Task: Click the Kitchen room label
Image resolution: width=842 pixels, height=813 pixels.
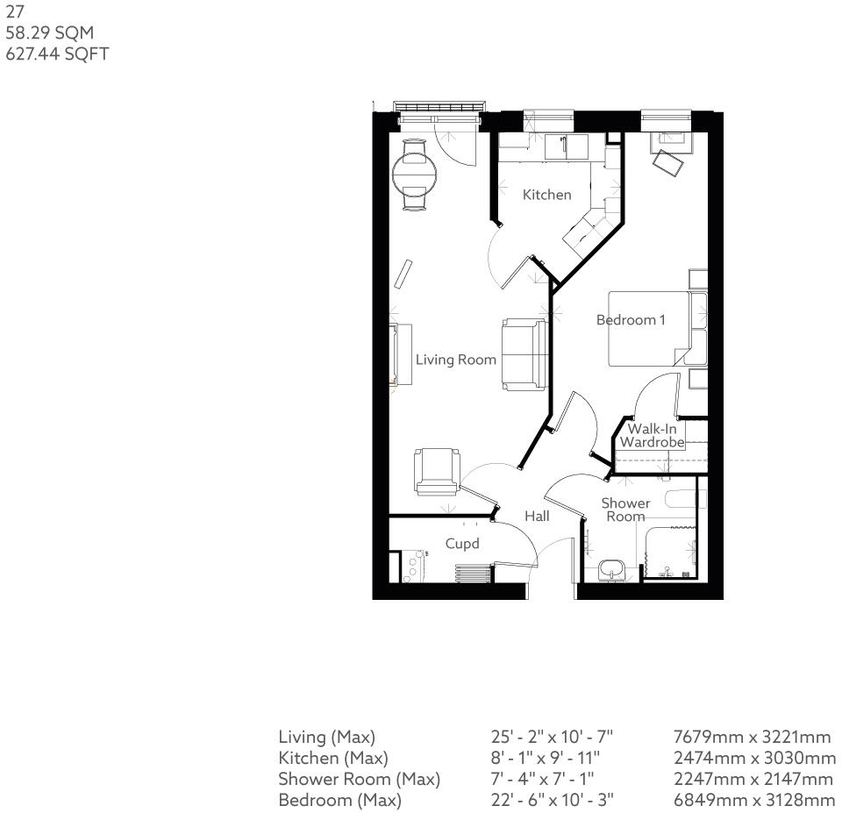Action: (546, 195)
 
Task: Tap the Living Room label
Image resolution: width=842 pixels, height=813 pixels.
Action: (455, 360)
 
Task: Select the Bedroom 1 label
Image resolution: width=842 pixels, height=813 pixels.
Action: (630, 320)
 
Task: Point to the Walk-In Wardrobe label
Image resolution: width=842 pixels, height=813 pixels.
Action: (652, 436)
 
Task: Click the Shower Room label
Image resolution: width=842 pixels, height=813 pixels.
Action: (625, 510)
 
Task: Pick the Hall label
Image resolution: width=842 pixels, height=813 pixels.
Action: (537, 517)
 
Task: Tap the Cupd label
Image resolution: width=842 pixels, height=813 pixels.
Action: (462, 544)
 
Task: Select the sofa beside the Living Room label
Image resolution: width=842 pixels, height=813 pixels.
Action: (524, 354)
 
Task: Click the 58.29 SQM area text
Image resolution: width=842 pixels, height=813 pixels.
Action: (49, 32)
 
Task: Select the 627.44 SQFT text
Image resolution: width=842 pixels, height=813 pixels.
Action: (57, 53)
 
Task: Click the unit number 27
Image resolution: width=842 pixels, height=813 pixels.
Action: (15, 12)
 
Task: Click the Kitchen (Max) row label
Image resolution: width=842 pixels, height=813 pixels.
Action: (332, 759)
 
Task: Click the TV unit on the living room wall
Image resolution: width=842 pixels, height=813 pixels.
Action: (402, 354)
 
